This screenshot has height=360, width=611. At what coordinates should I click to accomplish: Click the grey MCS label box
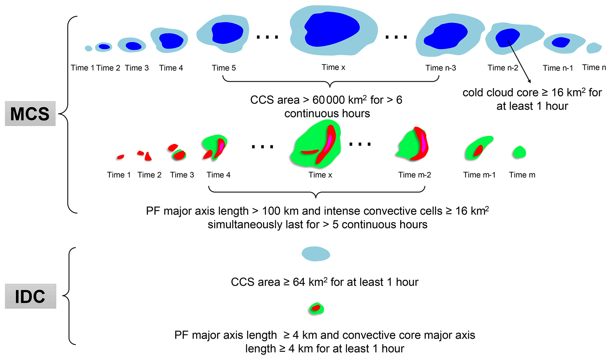(30, 114)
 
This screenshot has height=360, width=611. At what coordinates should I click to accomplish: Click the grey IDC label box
(30, 296)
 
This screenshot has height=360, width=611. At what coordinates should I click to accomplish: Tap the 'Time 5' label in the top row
(224, 68)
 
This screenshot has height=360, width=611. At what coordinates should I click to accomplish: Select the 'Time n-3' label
(440, 68)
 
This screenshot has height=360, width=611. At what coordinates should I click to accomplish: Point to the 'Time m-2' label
(414, 175)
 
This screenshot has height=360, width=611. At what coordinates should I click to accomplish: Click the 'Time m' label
(522, 175)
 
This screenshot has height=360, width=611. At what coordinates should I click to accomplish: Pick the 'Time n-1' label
(558, 68)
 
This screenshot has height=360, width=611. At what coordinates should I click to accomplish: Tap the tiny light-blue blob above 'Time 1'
(88, 48)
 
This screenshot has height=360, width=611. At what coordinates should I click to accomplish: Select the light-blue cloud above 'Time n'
(594, 48)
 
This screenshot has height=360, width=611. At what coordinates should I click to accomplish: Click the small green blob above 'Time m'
(519, 152)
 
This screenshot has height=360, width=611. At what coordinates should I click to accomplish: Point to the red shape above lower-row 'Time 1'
(120, 157)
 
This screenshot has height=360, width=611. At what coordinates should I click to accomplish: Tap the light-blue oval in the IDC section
(316, 254)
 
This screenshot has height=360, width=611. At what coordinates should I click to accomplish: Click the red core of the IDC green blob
(316, 308)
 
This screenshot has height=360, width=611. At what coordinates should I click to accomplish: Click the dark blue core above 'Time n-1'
(560, 42)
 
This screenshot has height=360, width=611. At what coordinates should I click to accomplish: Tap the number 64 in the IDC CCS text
(299, 282)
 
